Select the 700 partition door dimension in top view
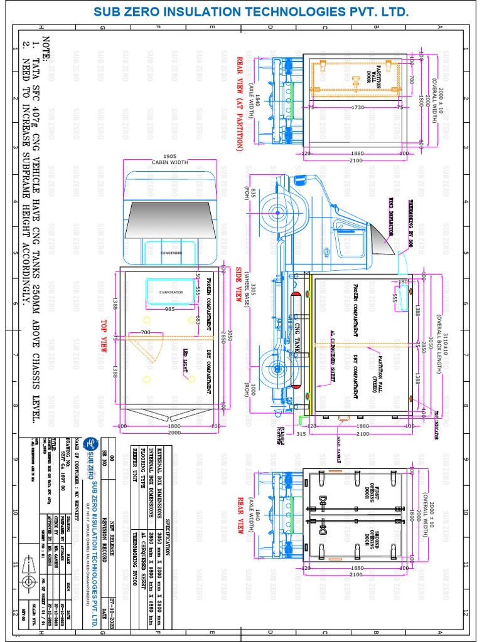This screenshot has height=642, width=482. point(146,331)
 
